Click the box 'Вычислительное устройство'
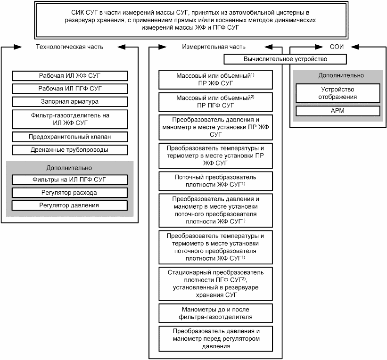[x=285, y=59]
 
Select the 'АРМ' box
[x=337, y=111]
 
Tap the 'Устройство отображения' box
[x=337, y=93]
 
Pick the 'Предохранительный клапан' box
[x=70, y=137]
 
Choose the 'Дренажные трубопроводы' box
[x=70, y=150]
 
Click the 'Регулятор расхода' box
[x=70, y=193]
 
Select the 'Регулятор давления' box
[x=70, y=205]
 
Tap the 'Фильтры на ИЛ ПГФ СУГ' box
[x=70, y=180]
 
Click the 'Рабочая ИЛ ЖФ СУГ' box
[x=70, y=75]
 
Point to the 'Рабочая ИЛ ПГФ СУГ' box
[x=70, y=88]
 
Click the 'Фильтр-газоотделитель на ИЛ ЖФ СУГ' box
[x=70, y=119]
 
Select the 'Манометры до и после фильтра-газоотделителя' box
[x=216, y=313]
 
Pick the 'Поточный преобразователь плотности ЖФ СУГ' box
[x=216, y=180]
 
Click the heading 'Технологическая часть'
[x=70, y=47]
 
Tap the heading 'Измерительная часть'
[x=214, y=47]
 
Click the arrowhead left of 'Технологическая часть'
[x=18, y=47]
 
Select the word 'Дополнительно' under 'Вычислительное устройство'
[x=337, y=75]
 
